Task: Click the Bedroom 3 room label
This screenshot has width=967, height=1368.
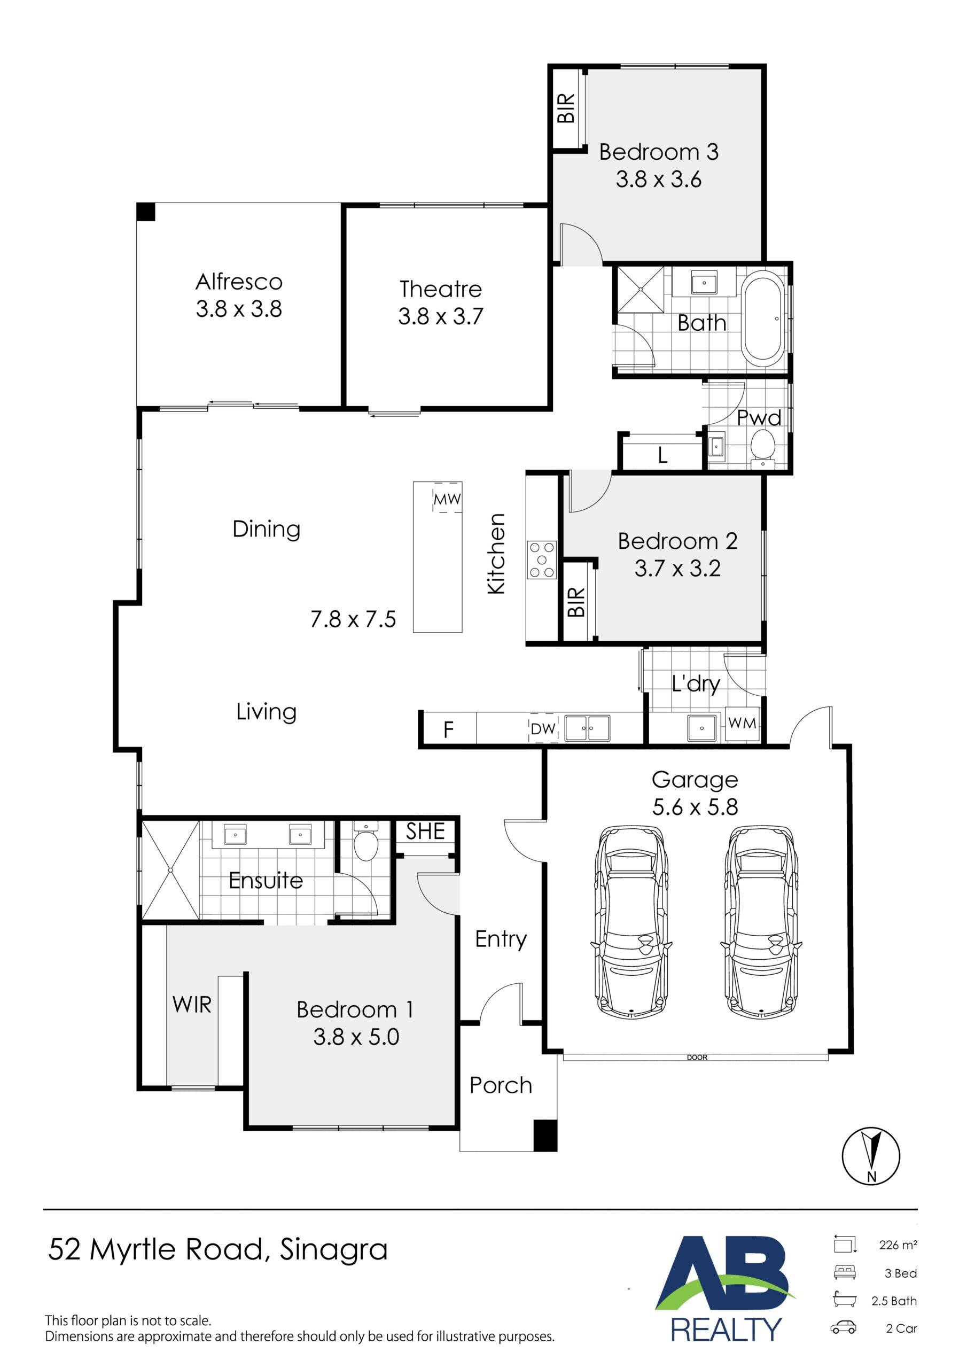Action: pyautogui.click(x=658, y=152)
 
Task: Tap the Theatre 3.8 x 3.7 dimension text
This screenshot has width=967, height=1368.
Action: pyautogui.click(x=440, y=316)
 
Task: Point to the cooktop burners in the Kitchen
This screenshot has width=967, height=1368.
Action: pyautogui.click(x=542, y=559)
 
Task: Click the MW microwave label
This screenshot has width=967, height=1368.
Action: pyautogui.click(x=447, y=499)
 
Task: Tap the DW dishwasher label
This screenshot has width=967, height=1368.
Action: pyautogui.click(x=543, y=729)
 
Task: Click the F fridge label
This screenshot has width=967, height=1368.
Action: pyautogui.click(x=448, y=729)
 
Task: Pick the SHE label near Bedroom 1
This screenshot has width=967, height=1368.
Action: pyautogui.click(x=425, y=831)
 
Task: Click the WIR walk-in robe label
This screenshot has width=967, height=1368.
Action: pyautogui.click(x=192, y=1005)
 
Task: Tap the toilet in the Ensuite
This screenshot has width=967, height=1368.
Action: pyautogui.click(x=366, y=842)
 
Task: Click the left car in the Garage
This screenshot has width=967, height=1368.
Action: pyautogui.click(x=631, y=922)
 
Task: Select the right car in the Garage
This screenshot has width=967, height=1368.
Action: pyautogui.click(x=761, y=922)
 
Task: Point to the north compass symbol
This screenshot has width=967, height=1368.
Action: pyautogui.click(x=870, y=1156)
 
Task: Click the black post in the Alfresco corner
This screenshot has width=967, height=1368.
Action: pyautogui.click(x=145, y=212)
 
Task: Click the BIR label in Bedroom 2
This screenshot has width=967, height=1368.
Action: pyautogui.click(x=576, y=602)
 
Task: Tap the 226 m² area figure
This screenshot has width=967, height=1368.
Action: pyautogui.click(x=898, y=1245)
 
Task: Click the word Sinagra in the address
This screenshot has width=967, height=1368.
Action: pyautogui.click(x=334, y=1250)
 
